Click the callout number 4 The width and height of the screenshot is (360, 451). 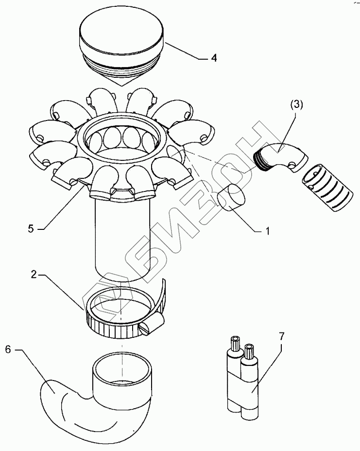pos(214,58)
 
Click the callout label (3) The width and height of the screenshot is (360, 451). pos(296,104)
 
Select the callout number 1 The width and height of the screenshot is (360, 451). pos(267,231)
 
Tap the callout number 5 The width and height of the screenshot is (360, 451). pos(31,229)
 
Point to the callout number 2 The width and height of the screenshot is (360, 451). pos(34,275)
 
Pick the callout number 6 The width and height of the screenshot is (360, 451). pos(8,350)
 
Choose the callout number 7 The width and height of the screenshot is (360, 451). pos(282,336)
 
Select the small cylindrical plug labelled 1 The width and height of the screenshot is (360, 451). pos(231,198)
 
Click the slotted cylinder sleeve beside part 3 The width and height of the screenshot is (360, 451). pos(327,188)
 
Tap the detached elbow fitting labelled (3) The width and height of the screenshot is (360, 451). pos(280,157)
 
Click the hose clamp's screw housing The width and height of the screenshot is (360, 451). pos(152,324)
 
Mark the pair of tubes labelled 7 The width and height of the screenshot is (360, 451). pos(243,377)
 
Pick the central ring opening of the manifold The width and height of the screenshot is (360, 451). pos(122,138)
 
